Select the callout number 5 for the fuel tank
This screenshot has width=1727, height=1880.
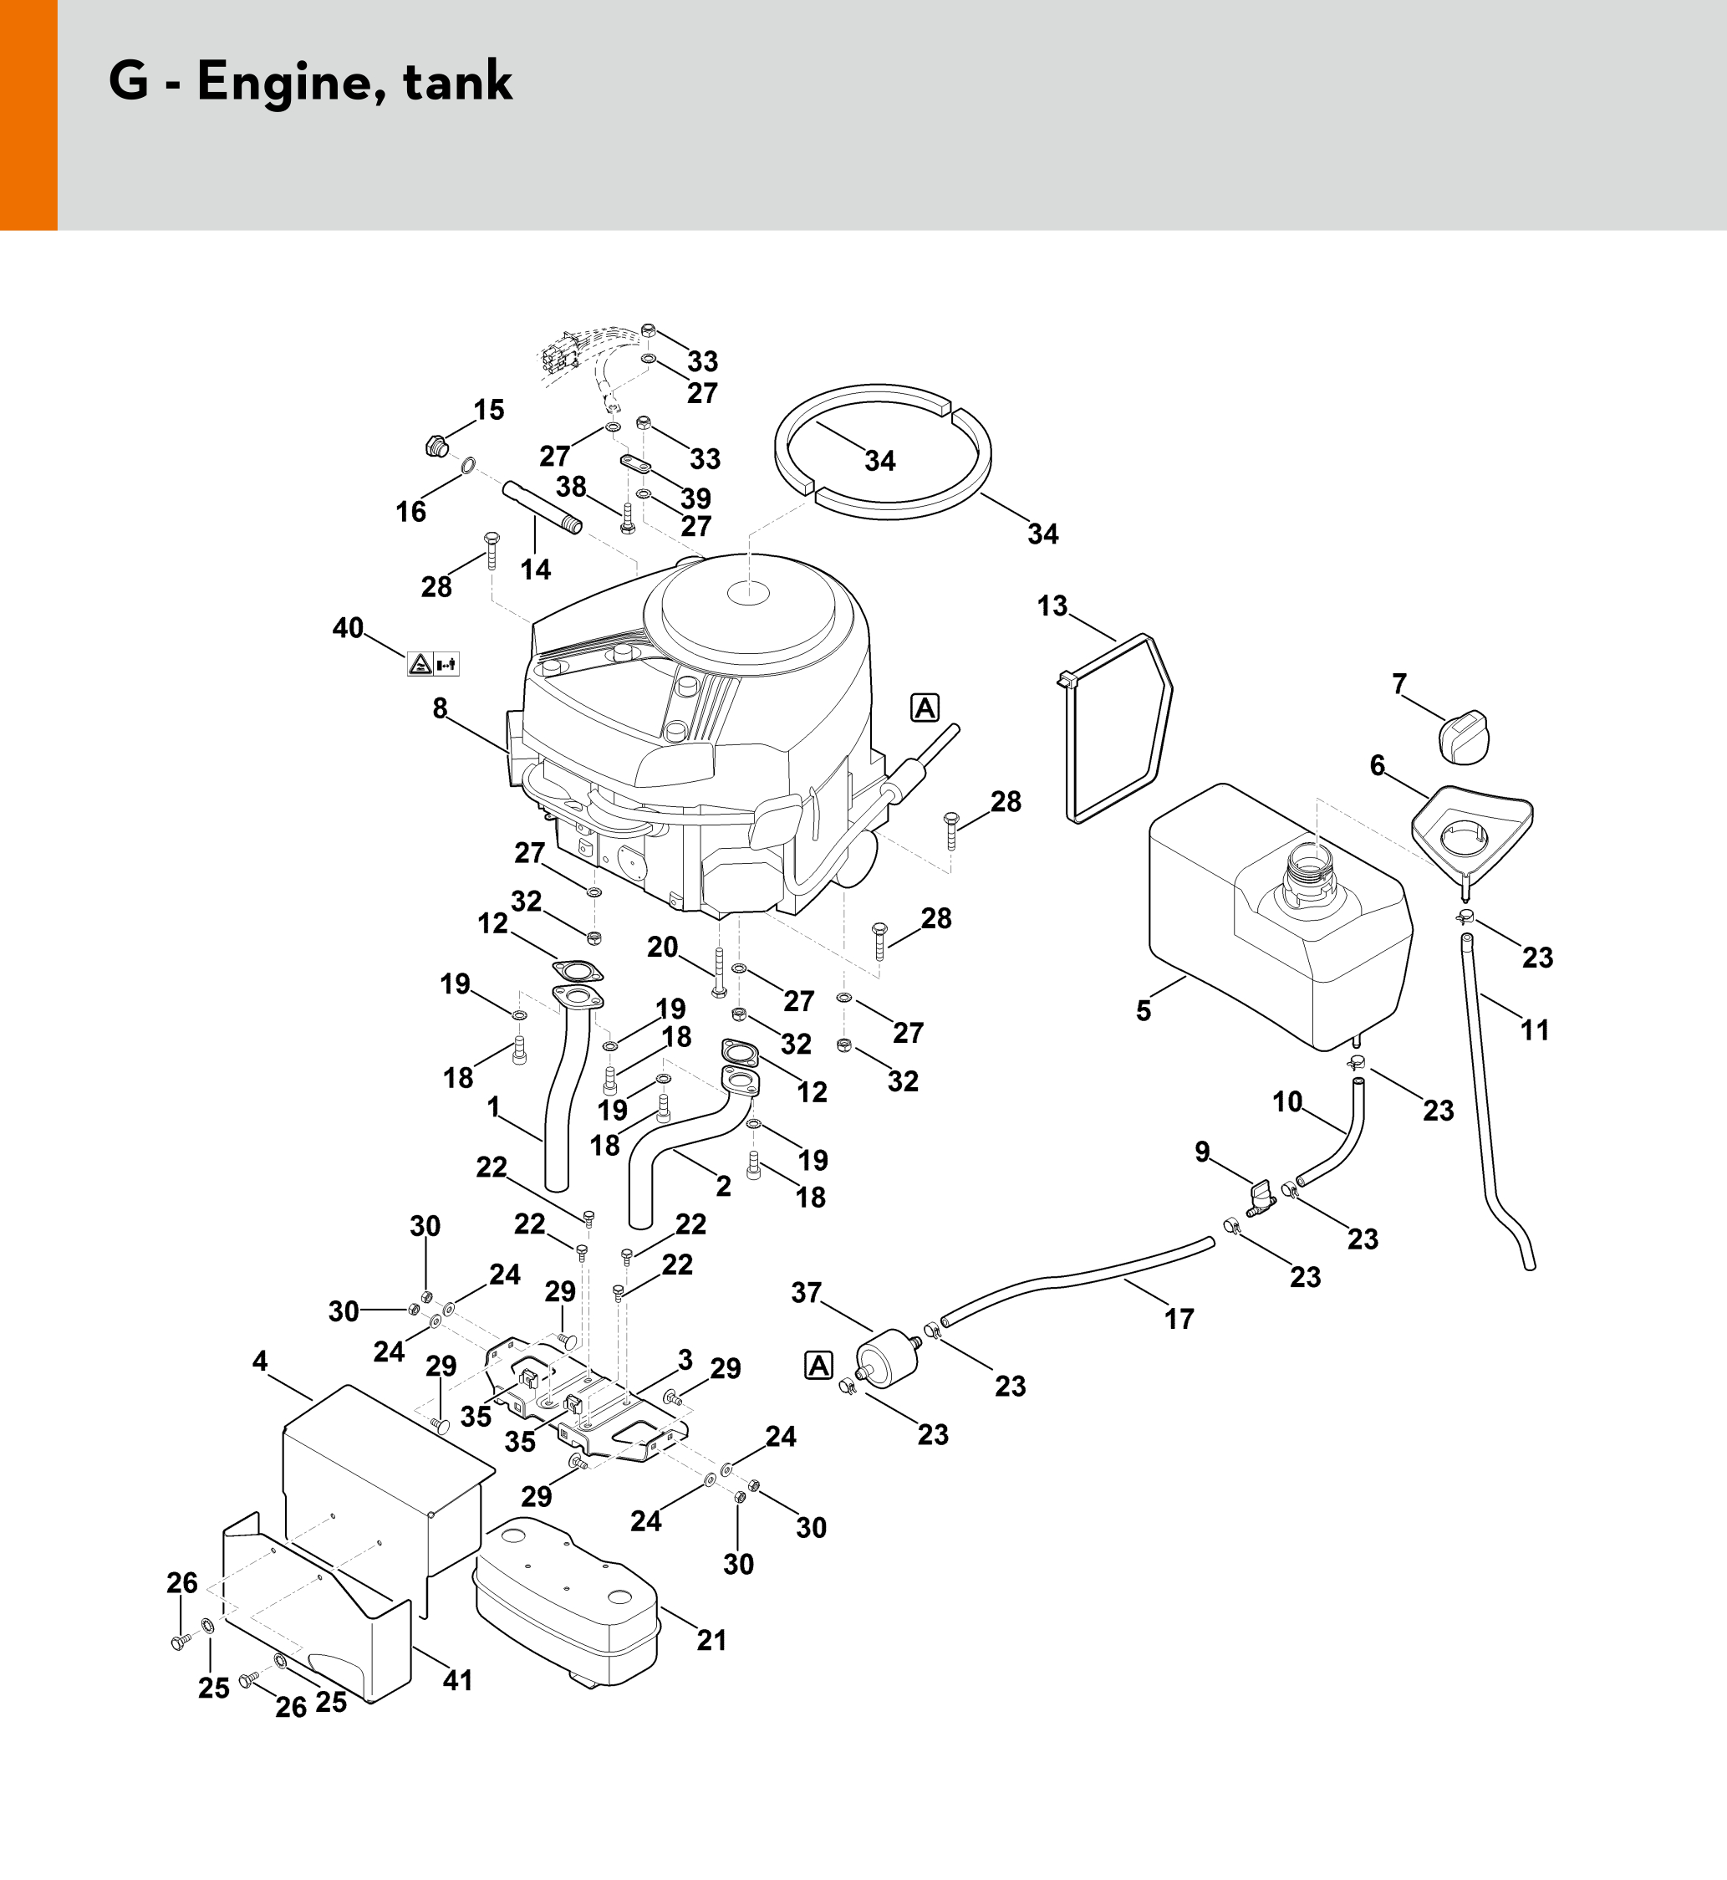(x=1144, y=1010)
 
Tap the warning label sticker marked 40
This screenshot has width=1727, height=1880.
(x=434, y=665)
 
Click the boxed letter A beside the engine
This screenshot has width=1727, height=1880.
(x=925, y=708)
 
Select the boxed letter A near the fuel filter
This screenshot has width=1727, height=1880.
(x=818, y=1366)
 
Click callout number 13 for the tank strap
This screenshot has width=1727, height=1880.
(x=1052, y=605)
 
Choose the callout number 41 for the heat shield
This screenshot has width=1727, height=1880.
(x=458, y=1680)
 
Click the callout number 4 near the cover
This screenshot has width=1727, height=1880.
(x=260, y=1361)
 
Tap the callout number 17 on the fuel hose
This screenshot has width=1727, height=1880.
(x=1179, y=1318)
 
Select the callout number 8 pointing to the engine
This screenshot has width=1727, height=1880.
(x=441, y=708)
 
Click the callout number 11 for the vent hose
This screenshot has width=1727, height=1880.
(x=1535, y=1029)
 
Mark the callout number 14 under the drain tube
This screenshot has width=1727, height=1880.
(x=536, y=569)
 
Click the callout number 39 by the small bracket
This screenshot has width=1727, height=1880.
(x=695, y=498)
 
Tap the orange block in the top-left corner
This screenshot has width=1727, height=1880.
(x=29, y=115)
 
